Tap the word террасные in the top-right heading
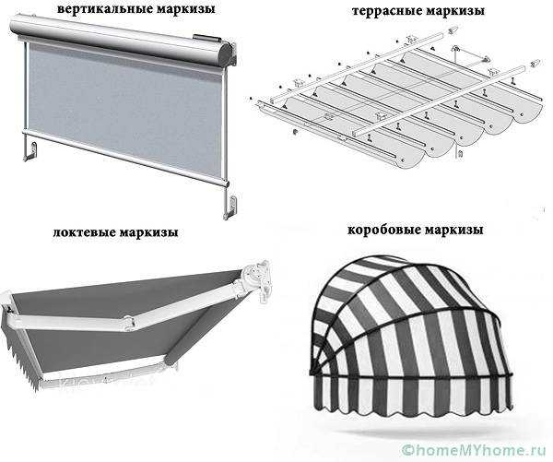click(387, 11)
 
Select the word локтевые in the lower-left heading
click(84, 232)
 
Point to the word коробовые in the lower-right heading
click(383, 231)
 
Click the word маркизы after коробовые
click(453, 231)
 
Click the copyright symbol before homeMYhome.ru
click(408, 450)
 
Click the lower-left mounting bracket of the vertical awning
click(30, 151)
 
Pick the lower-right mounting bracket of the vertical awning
click(231, 207)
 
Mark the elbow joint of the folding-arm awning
click(129, 323)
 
